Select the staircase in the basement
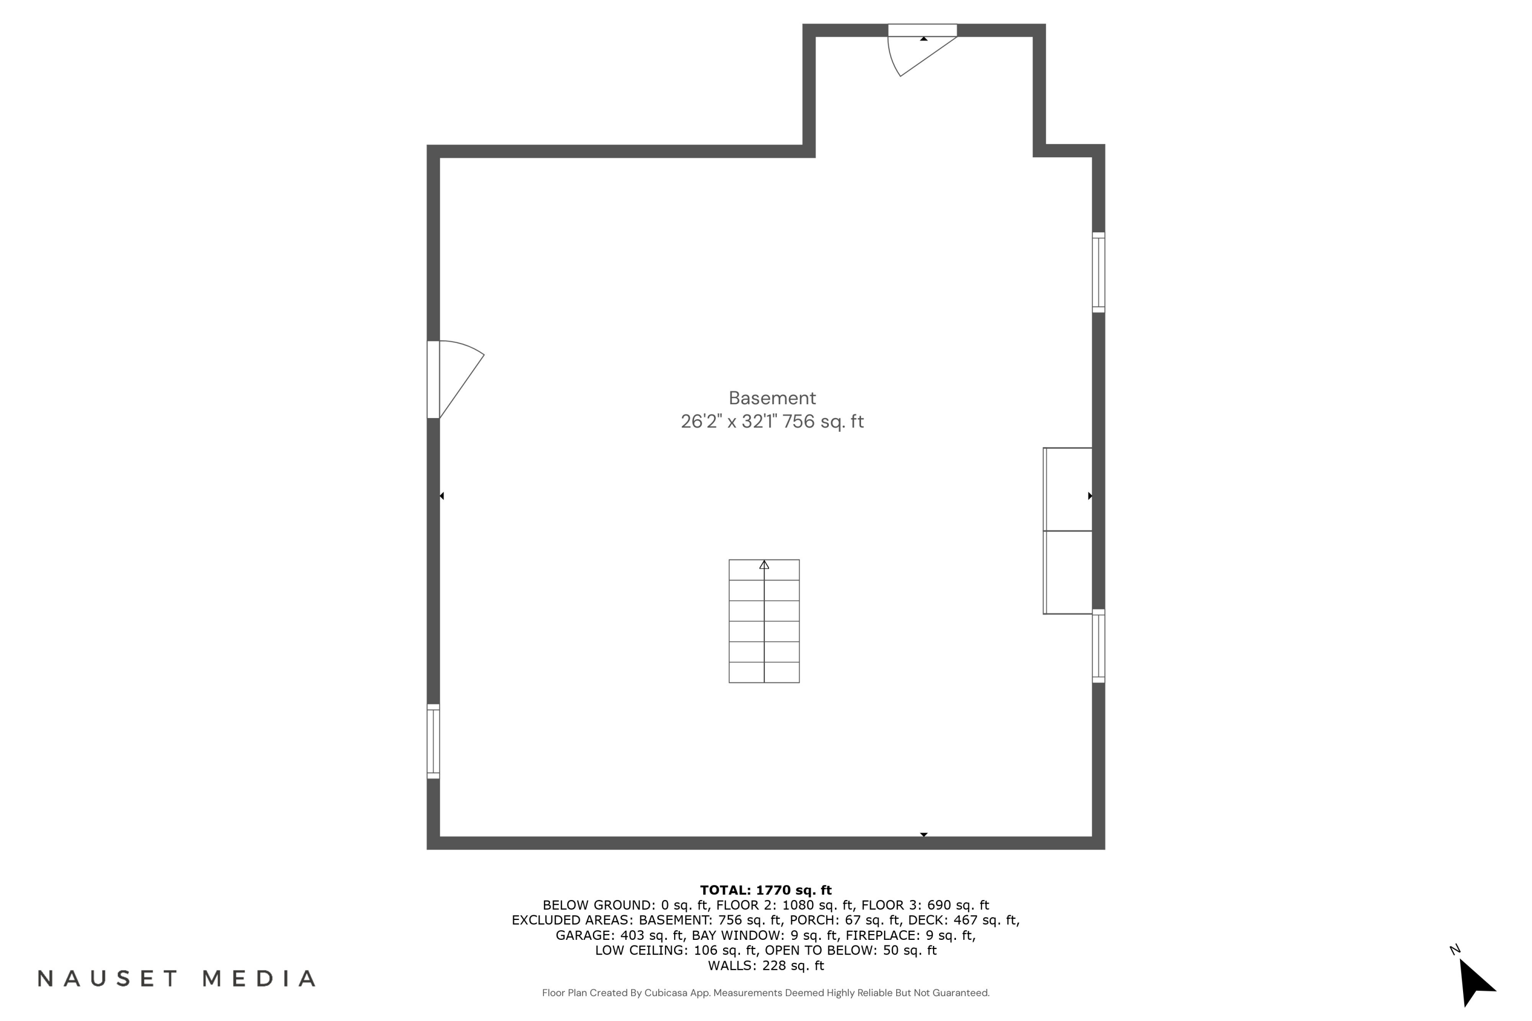(x=763, y=621)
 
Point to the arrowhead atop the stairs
(x=764, y=565)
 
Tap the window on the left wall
(x=433, y=741)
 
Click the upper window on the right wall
(x=1098, y=272)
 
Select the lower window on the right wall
(x=1098, y=646)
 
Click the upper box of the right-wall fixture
(x=1068, y=489)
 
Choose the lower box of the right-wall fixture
(x=1068, y=572)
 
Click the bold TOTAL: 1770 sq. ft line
(x=765, y=890)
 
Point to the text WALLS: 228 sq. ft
(x=765, y=966)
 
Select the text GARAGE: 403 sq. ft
(x=619, y=936)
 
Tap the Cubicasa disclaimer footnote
(x=765, y=993)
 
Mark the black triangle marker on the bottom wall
(x=924, y=834)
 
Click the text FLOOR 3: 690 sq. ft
(x=925, y=905)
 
